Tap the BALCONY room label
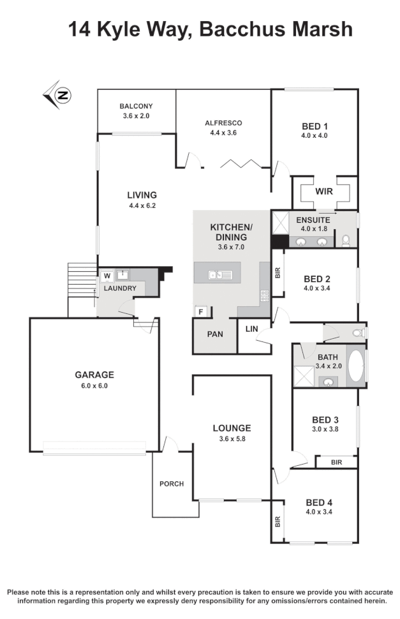[136, 107]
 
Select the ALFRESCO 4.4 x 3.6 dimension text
[223, 133]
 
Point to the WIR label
[324, 191]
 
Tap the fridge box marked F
[201, 312]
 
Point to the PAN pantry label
[214, 334]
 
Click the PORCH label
[172, 484]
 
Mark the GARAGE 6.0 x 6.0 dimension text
[94, 385]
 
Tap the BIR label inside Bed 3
[336, 462]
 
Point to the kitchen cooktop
[264, 295]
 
